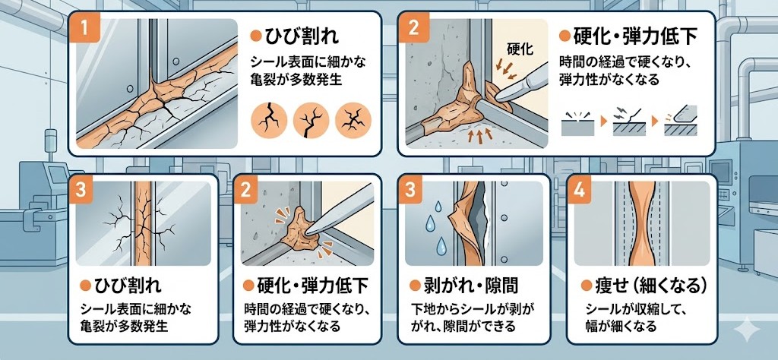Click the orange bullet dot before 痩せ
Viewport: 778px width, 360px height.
coord(586,286)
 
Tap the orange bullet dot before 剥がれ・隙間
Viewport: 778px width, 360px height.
coord(416,286)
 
